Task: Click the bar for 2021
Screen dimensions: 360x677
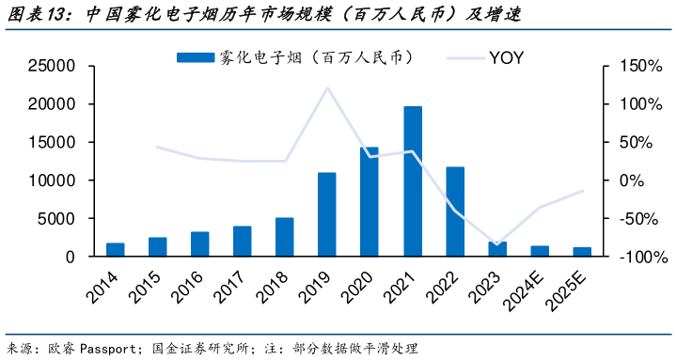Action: (412, 180)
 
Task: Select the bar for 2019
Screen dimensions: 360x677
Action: (327, 214)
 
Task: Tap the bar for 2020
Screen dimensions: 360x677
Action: (370, 201)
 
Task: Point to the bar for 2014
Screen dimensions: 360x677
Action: (115, 249)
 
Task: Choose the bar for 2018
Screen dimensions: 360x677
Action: (285, 237)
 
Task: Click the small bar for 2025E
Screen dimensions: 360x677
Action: (583, 252)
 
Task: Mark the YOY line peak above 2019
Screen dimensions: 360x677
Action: (327, 87)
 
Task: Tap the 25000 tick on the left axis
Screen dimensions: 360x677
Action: (52, 66)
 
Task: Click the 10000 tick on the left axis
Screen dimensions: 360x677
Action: (52, 180)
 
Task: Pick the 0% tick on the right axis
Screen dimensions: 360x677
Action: (630, 180)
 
